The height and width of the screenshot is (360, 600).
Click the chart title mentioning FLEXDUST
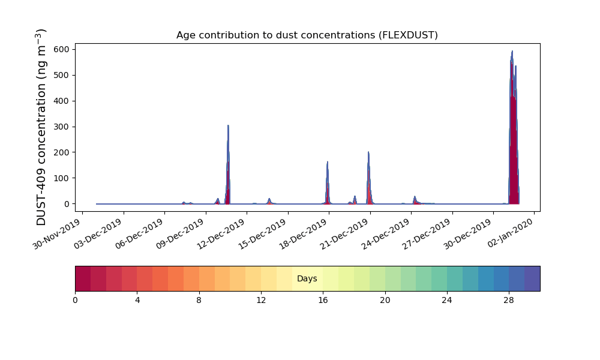tap(307, 35)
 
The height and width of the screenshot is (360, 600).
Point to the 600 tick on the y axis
tap(63, 49)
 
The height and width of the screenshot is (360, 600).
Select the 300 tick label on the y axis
tap(63, 127)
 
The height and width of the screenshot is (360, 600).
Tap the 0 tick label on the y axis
tap(67, 204)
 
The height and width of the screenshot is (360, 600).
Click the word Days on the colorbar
tap(307, 279)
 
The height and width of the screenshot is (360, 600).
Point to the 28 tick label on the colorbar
tap(509, 300)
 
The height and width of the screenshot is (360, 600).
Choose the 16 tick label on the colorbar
tap(323, 300)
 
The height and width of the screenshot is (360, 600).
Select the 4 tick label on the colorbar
tap(137, 300)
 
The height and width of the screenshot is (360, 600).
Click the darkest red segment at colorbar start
tap(83, 278)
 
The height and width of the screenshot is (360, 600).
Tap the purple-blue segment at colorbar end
tap(532, 278)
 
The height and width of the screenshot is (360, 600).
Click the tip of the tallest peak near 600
tap(512, 52)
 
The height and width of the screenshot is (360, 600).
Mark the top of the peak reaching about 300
tap(228, 125)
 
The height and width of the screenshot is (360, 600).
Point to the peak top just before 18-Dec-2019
tap(328, 161)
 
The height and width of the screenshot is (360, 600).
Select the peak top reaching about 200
tap(368, 152)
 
